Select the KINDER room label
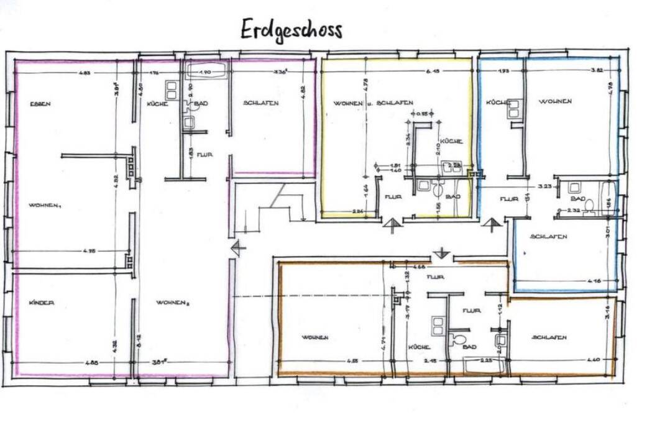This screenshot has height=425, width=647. coord(42,303)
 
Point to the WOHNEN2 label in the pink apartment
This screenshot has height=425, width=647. coord(172,303)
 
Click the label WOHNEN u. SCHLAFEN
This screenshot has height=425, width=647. coord(373,103)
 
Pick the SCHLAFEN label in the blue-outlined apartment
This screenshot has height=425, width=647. coord(548,237)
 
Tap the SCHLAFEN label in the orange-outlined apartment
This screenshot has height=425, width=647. coord(549,337)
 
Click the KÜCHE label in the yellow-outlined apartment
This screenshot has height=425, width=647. coord(451,142)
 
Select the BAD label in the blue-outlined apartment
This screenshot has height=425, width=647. coord(578,199)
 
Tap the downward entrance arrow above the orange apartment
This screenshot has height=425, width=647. coord(441,253)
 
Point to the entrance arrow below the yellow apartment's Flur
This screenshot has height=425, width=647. coord(391,226)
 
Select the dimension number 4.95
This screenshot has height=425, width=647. coord(89,251)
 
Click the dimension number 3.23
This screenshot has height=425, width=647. coord(545,186)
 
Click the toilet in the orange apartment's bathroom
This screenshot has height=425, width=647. coord(459,339)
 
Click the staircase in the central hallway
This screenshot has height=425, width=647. coord(270,205)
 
